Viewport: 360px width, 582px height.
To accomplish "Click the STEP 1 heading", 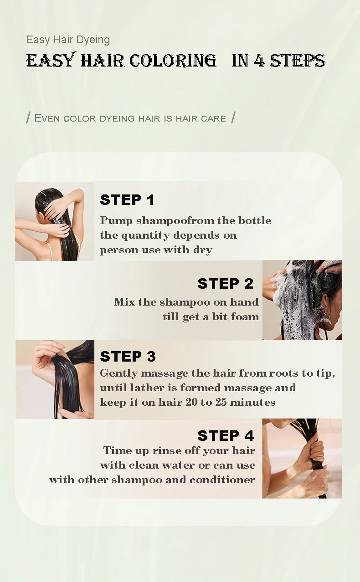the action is (x=127, y=200).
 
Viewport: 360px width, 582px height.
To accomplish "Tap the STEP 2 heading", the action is (x=225, y=283).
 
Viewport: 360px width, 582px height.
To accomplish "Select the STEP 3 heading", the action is (x=128, y=356).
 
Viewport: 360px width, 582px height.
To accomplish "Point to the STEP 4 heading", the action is (x=226, y=435).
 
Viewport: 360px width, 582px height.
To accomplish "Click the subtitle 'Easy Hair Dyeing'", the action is (x=68, y=40).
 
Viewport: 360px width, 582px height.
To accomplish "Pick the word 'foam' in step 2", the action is (x=245, y=317).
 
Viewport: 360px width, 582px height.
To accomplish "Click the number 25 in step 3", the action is (x=221, y=402).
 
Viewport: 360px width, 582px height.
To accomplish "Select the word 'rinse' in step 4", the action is (x=164, y=450).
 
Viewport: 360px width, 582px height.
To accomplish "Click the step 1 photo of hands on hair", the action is (x=55, y=221).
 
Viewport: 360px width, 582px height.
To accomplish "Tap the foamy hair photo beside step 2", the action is (x=302, y=300).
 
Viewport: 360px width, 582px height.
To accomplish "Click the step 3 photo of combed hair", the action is (x=55, y=379).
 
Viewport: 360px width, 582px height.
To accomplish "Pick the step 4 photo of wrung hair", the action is (x=302, y=458).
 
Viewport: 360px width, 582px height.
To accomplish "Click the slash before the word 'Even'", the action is (x=28, y=117).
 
